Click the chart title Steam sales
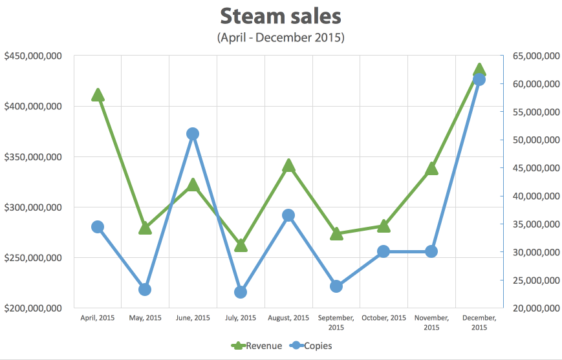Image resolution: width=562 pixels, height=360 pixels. point(281,16)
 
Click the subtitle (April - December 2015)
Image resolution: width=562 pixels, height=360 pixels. point(281,37)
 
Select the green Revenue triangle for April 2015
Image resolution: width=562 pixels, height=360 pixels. point(98,95)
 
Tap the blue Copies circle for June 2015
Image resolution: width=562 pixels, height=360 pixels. point(193,134)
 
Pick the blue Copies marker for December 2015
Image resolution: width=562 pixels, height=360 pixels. point(479,79)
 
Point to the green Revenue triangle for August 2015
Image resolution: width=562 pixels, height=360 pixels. point(288,166)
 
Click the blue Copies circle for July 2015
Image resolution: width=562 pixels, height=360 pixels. point(241,292)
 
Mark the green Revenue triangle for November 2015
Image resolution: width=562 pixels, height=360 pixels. point(431,169)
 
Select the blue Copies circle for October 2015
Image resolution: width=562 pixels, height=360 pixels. point(384,251)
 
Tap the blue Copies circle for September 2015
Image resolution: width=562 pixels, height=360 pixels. point(336,286)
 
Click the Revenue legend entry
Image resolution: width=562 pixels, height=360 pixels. point(257,346)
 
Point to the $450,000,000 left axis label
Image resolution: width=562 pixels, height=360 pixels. point(33,56)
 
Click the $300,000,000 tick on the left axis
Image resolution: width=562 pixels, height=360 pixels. point(33,207)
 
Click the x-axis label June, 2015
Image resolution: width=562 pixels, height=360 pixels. point(193,318)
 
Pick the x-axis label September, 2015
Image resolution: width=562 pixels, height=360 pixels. point(336,323)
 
